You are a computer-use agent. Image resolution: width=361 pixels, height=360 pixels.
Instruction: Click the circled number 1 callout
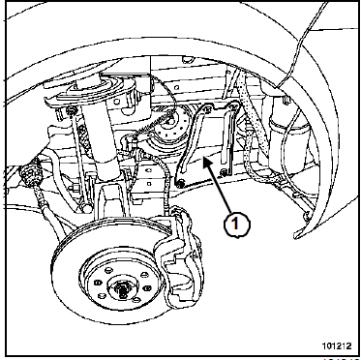tap(237, 223)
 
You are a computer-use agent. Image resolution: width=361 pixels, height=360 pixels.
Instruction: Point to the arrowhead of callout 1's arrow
tap(204, 161)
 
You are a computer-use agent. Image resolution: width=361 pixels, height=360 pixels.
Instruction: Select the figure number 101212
tap(336, 345)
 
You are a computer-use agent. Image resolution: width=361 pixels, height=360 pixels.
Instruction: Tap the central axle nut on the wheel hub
tap(122, 290)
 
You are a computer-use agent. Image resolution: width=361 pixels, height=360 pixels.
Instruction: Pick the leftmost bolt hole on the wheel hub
tap(98, 283)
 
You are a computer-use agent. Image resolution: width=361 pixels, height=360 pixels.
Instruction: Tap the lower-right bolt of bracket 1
tap(224, 173)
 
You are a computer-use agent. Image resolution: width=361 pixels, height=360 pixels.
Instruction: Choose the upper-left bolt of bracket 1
tap(206, 106)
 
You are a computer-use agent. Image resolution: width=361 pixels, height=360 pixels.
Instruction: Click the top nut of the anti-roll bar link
tap(71, 111)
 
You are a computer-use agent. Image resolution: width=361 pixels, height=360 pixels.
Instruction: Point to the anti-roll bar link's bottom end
tap(86, 208)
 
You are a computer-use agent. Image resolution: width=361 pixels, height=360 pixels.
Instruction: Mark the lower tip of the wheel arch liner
tap(295, 236)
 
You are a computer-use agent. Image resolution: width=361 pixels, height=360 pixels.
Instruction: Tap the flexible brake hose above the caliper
tap(166, 181)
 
